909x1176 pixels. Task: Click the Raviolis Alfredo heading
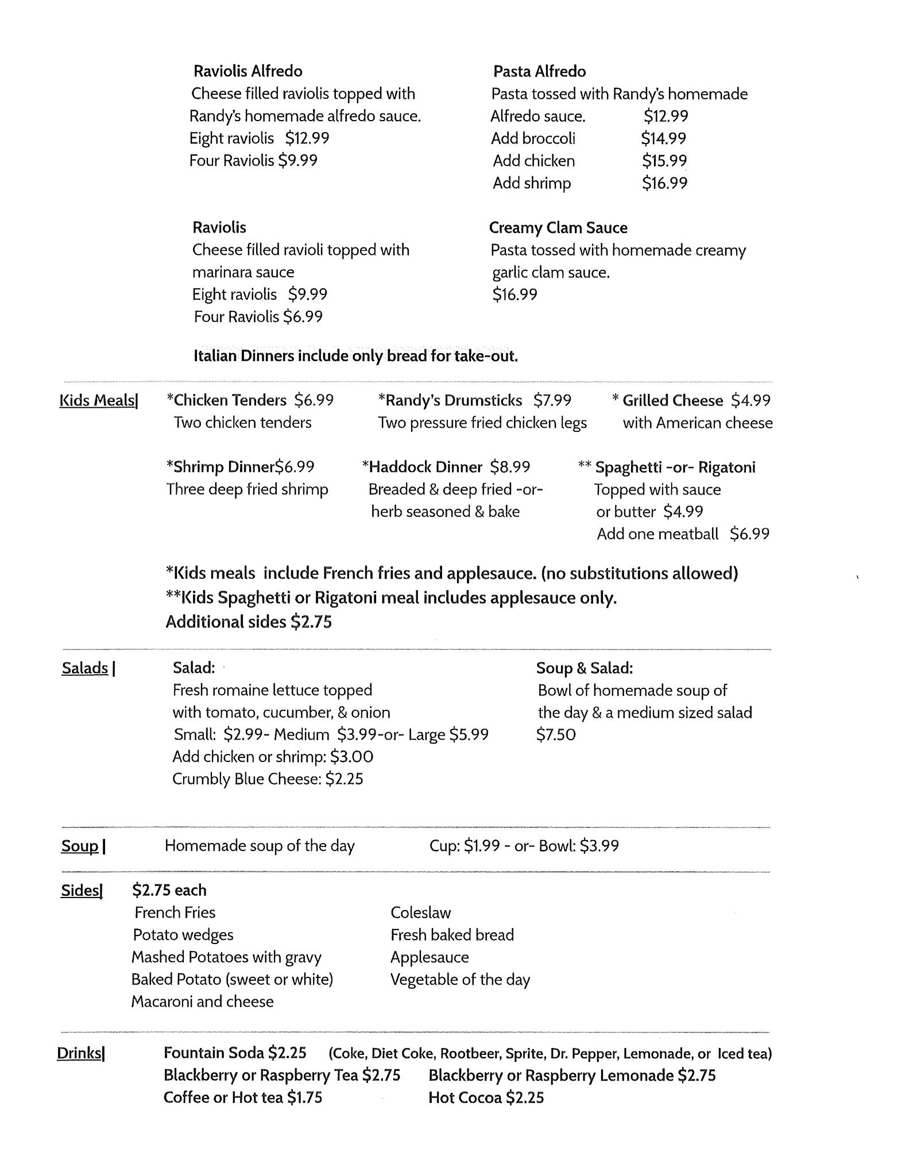coord(247,71)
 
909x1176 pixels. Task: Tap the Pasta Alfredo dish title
coord(539,72)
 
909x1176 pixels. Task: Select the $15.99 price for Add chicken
coord(664,161)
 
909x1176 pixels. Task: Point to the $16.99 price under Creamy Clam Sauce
coord(515,295)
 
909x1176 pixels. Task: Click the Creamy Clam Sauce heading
coord(558,228)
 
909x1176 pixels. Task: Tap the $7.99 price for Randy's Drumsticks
coord(552,400)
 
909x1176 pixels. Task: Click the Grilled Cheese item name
coord(672,400)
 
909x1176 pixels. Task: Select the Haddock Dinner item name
coord(425,467)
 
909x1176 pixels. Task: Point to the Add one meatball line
coord(682,534)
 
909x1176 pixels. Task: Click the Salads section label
coord(86,668)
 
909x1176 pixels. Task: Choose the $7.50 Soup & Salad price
coord(555,735)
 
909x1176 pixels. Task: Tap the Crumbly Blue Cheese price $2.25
coord(344,779)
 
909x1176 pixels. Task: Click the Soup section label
coord(80,846)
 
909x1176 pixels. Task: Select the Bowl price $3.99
coord(599,846)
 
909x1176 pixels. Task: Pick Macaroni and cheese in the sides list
coord(202,1001)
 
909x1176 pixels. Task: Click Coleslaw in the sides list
coord(420,912)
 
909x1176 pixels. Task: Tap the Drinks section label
coord(80,1053)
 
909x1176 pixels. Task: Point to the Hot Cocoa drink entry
coord(486,1097)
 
